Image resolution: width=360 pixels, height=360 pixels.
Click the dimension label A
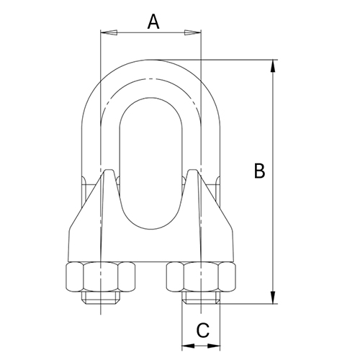153,22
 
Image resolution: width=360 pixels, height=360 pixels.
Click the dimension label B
260,171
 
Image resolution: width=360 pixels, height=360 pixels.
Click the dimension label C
202,330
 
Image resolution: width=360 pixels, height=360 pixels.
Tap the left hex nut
101,276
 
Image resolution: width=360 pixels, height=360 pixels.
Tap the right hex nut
201,276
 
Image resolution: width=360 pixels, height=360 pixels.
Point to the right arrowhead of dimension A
195,32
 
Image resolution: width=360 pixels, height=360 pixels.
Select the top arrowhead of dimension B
273,66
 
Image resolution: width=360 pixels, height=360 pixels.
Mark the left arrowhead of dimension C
186,347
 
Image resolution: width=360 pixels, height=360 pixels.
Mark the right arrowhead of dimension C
217,347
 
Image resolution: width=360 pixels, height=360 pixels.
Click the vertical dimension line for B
273,180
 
